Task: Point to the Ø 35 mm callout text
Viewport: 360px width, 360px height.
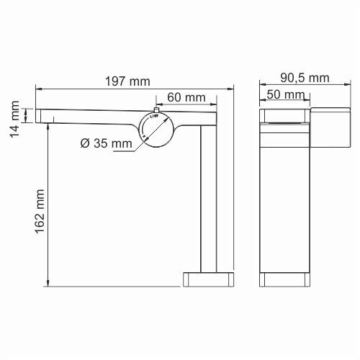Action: click(x=106, y=143)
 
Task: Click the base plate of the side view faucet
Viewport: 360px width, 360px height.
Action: click(x=208, y=279)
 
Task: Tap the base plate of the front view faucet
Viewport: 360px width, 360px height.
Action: click(x=285, y=279)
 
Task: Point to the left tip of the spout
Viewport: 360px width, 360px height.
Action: click(x=37, y=114)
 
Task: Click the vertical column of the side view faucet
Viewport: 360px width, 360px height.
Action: click(x=210, y=202)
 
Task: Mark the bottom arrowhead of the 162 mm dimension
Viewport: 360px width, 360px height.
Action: click(x=48, y=283)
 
